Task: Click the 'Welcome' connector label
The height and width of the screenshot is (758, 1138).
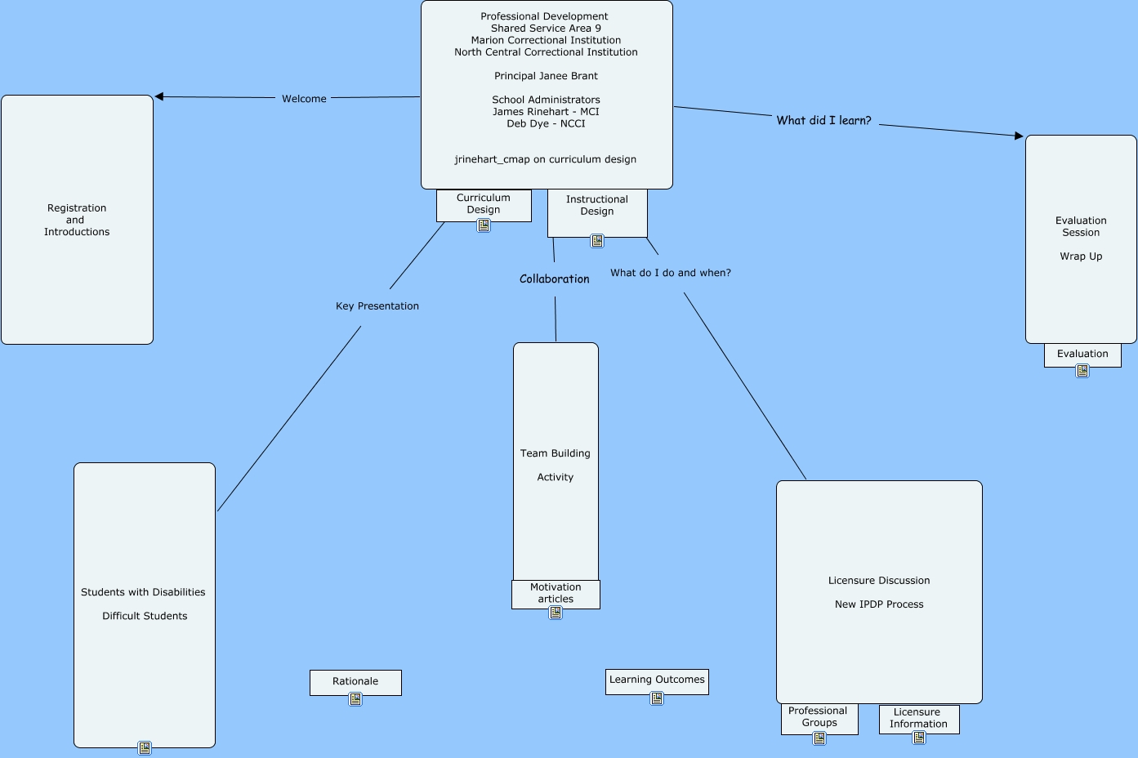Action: point(304,99)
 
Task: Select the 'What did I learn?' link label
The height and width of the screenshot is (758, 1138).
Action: point(823,120)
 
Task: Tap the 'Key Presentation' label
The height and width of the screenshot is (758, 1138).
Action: point(377,306)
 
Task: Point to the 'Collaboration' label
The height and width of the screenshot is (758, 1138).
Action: point(554,279)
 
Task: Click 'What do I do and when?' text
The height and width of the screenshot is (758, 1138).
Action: point(670,273)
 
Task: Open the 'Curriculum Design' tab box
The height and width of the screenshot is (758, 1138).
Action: point(484,204)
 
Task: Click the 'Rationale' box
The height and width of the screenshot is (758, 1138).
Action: point(355,681)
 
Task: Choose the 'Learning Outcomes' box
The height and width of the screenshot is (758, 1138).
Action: point(657,680)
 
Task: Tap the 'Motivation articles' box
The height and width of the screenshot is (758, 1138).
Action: point(556,593)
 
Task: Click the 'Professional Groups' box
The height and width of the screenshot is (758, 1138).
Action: point(819,717)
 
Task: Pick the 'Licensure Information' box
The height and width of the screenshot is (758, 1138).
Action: point(918,718)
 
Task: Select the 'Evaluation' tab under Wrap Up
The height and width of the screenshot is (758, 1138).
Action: point(1082,354)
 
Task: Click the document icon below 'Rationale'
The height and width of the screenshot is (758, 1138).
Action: point(355,699)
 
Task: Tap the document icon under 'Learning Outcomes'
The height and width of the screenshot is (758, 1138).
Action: point(657,698)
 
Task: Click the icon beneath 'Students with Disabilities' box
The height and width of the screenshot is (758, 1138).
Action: point(145,747)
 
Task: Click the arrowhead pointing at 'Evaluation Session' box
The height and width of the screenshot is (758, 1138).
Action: point(1018,136)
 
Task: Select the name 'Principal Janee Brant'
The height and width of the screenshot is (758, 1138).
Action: point(546,76)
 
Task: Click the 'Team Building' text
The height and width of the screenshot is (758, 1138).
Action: point(555,453)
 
